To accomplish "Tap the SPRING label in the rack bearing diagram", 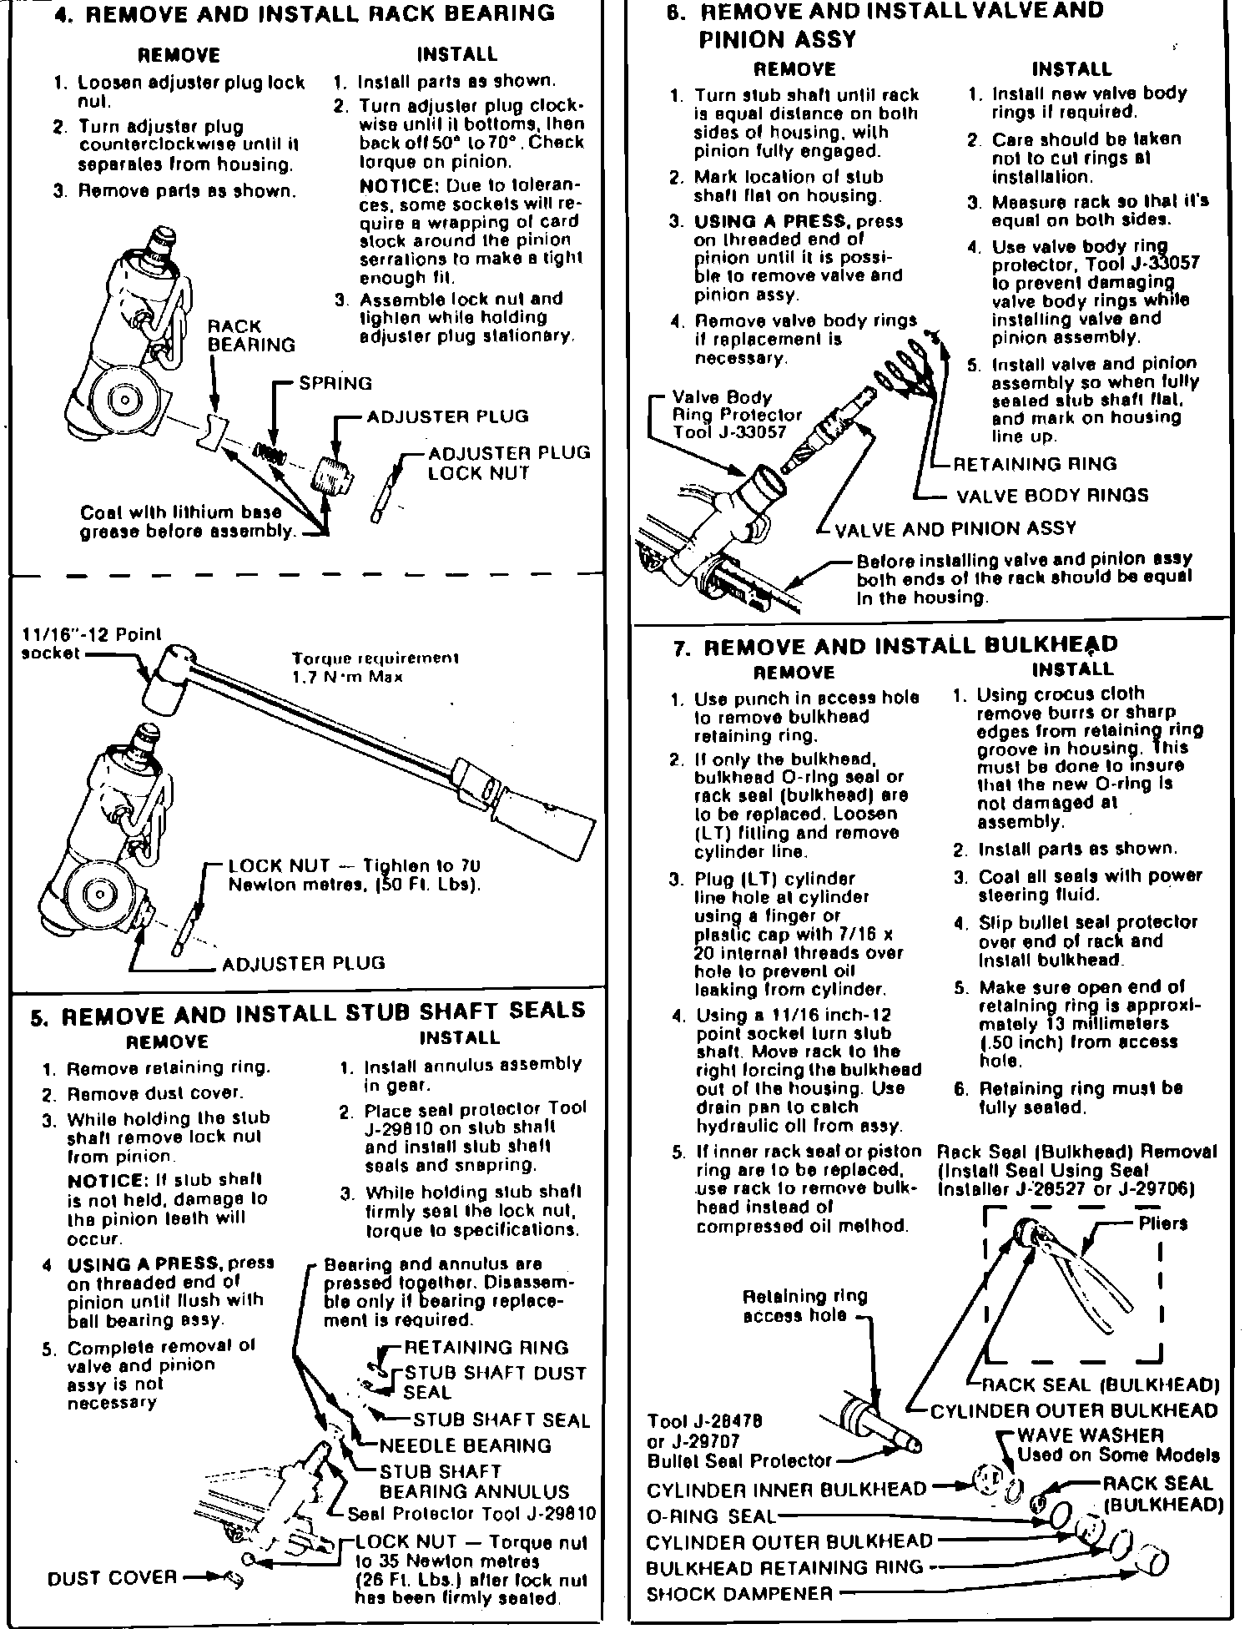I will point(335,383).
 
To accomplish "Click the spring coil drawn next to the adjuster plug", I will point(270,453).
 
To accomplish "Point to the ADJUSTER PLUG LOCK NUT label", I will point(508,463).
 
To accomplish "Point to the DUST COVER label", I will point(112,1577).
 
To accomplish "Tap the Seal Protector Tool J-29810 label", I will point(471,1514).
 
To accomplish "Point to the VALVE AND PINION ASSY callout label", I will point(955,529).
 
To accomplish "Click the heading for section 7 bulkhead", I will point(895,647).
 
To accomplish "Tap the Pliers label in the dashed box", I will point(1162,1223).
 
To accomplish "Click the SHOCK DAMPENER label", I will point(739,1594).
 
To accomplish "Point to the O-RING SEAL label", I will point(711,1515).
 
